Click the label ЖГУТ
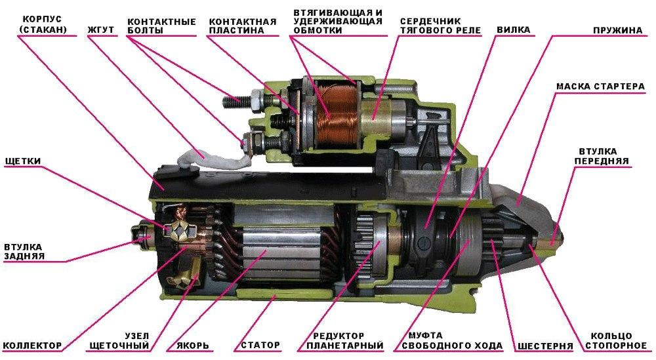(x=100, y=30)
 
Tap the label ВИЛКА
(x=514, y=30)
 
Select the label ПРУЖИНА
(x=617, y=30)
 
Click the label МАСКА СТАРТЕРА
(x=600, y=87)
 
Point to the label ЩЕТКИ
(x=23, y=161)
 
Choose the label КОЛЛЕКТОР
(x=33, y=346)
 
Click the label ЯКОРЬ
(x=188, y=346)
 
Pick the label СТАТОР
(x=260, y=346)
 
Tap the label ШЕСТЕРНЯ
(x=545, y=346)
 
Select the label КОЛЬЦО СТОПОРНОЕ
(x=616, y=341)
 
